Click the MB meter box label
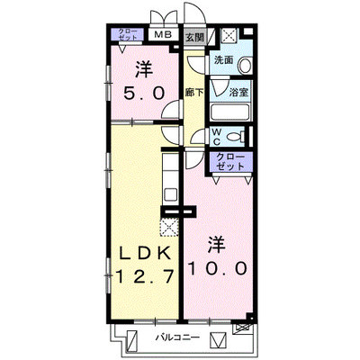[x=163, y=35]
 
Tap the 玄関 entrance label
[x=194, y=38]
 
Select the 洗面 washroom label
[x=223, y=60]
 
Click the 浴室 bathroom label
[x=238, y=92]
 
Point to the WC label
[x=216, y=137]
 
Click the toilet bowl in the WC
[x=236, y=137]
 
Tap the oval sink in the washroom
[x=245, y=65]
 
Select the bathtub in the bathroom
[x=230, y=112]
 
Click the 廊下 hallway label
[x=193, y=93]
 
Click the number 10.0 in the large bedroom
[x=218, y=268]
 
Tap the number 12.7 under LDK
[x=145, y=276]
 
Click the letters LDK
[x=146, y=255]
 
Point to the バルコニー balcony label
[x=177, y=337]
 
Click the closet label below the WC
[x=230, y=161]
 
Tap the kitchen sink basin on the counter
[x=170, y=195]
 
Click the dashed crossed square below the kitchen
[x=169, y=227]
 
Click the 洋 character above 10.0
[x=217, y=245]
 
